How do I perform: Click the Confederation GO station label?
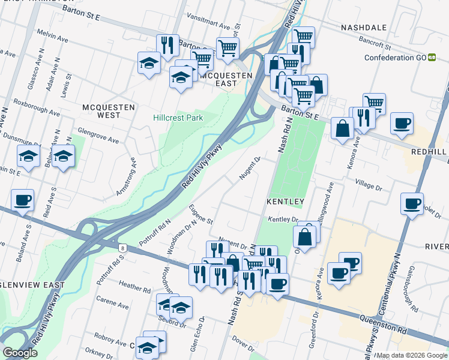tap(396, 58)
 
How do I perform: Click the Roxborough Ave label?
tap(37, 109)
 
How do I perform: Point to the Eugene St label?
tap(200, 213)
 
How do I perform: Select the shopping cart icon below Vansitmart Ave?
tap(228, 48)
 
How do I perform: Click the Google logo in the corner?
tap(20, 353)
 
